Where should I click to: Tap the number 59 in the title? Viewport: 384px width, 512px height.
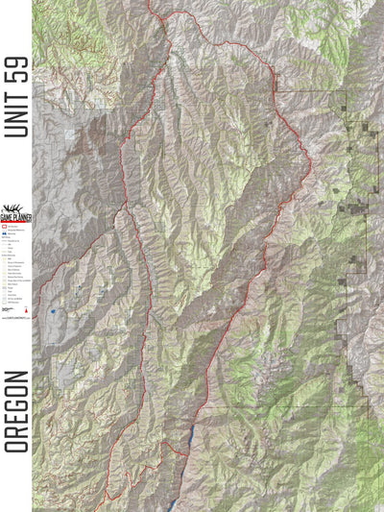click(16, 67)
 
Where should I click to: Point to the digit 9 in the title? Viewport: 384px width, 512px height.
click(16, 60)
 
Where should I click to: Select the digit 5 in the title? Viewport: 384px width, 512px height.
click(16, 75)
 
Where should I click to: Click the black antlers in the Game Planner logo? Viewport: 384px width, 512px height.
click(14, 209)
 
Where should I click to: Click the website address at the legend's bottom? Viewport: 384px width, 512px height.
click(15, 316)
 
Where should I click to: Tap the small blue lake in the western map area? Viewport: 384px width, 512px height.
click(54, 311)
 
